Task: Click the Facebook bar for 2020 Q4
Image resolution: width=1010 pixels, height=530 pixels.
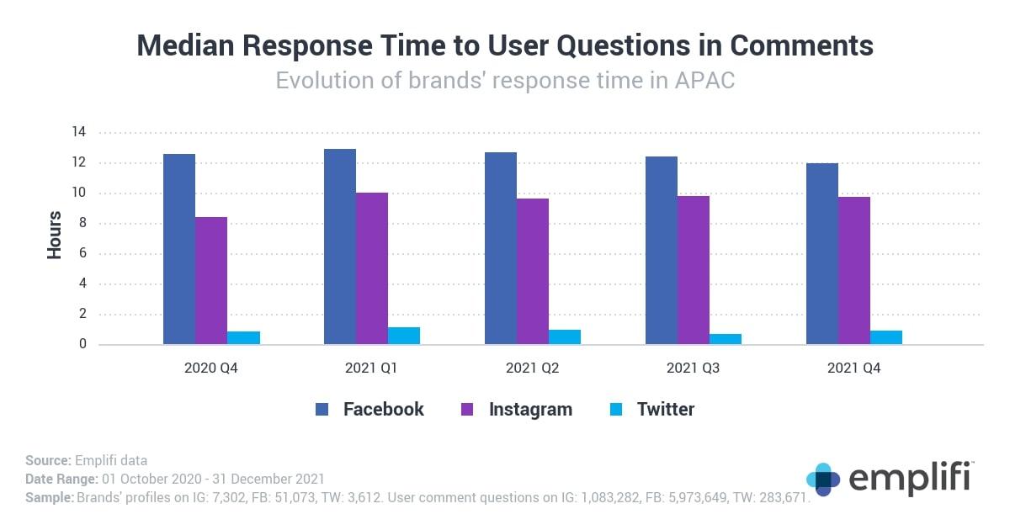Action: pos(179,249)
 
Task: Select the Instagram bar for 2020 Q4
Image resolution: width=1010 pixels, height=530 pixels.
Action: pos(211,281)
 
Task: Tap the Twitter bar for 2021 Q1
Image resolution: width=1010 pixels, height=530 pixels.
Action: pos(404,336)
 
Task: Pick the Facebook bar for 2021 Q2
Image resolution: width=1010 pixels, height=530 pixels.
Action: pos(501,248)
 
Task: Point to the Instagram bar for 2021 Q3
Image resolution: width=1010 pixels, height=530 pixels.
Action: pos(694,270)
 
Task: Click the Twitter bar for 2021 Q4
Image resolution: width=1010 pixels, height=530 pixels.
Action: pos(886,337)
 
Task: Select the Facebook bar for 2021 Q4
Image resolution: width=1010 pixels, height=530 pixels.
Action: pos(822,253)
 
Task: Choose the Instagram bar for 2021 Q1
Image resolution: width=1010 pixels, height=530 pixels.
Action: pos(372,268)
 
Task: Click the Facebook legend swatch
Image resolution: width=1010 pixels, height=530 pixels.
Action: pos(322,410)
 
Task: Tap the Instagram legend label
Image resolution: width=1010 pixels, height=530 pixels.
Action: pos(530,410)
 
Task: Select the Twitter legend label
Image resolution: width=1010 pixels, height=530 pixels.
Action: pos(665,410)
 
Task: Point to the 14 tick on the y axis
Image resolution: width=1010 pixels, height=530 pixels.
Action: pos(79,132)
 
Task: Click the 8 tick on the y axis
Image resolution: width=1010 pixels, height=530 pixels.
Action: pos(82,224)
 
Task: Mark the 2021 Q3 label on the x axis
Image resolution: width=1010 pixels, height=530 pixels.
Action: pos(694,368)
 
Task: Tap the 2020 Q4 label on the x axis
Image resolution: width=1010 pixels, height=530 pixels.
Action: pos(211,368)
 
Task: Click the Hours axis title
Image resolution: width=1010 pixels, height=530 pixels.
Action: pos(55,236)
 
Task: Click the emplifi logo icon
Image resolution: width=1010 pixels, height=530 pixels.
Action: pos(822,480)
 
